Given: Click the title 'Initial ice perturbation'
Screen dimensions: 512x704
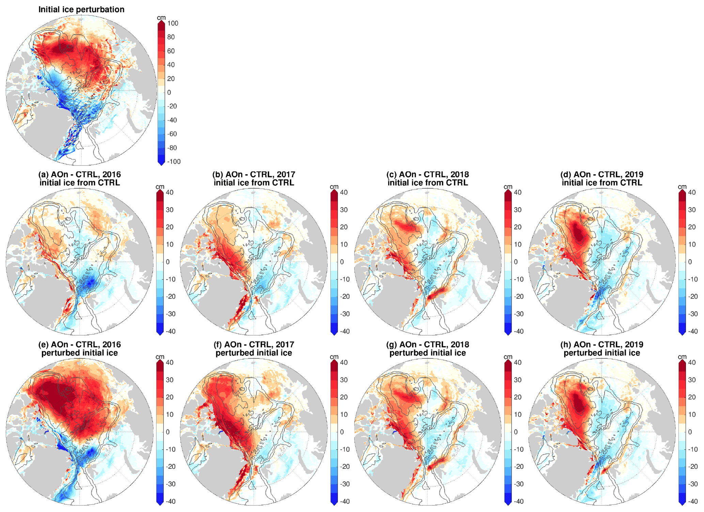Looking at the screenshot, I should point(81,9).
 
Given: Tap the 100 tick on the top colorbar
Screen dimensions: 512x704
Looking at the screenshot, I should point(173,23).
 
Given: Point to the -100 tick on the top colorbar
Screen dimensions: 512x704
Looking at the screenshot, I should point(174,161).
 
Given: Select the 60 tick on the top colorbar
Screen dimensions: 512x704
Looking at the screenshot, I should point(171,51).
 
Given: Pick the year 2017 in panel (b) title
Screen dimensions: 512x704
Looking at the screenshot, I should point(286,174).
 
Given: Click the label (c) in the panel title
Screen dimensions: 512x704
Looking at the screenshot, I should point(391,174).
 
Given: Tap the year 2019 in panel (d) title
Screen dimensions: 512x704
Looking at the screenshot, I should point(634,174).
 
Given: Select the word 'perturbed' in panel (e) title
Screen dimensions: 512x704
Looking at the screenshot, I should point(60,353).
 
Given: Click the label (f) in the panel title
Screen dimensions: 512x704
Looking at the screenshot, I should point(218,345).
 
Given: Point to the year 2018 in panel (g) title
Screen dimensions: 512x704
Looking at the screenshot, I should point(460,345).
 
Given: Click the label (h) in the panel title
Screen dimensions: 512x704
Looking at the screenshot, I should point(566,345).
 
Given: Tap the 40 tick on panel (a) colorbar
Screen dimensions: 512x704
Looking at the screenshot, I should point(170,192).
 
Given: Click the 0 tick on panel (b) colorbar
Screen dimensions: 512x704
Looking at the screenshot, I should point(342,262).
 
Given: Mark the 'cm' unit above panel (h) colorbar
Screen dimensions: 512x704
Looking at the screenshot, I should point(682,356).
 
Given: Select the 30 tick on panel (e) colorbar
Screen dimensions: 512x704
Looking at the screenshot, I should point(170,380).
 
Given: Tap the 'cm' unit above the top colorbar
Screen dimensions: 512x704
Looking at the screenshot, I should point(161,17).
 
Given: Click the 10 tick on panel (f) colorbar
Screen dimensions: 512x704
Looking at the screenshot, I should point(344,414).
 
